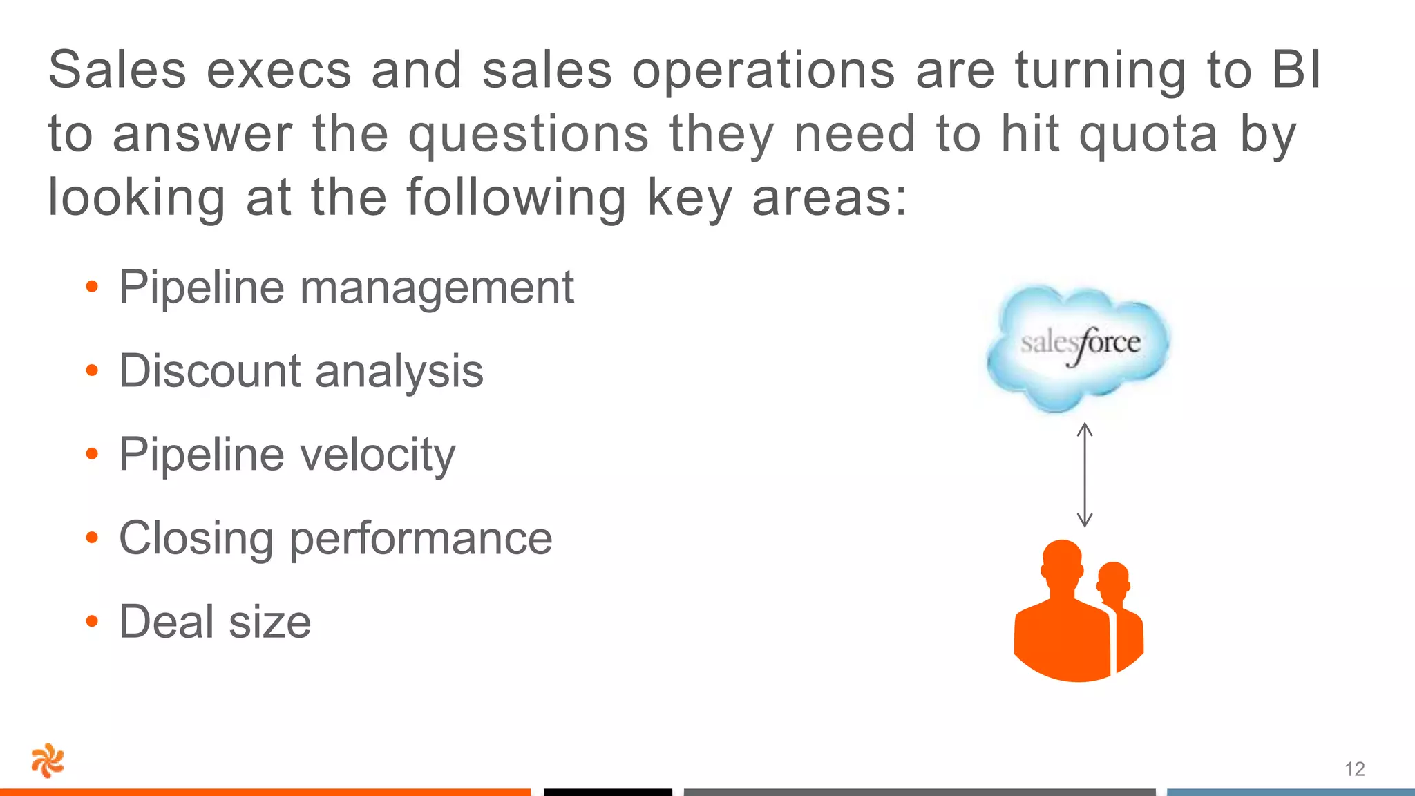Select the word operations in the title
pyautogui.click(x=763, y=71)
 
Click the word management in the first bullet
pyautogui.click(x=437, y=287)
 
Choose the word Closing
pyautogui.click(x=196, y=539)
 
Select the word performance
pyautogui.click(x=421, y=539)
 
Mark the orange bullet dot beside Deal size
pyautogui.click(x=92, y=622)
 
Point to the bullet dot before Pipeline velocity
pyautogui.click(x=92, y=455)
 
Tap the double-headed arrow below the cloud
pyautogui.click(x=1085, y=475)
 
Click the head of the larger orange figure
pyautogui.click(x=1062, y=563)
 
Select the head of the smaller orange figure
pyautogui.click(x=1112, y=579)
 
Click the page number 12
pyautogui.click(x=1354, y=769)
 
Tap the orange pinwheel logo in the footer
pyautogui.click(x=48, y=761)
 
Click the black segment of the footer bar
pyautogui.click(x=607, y=792)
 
